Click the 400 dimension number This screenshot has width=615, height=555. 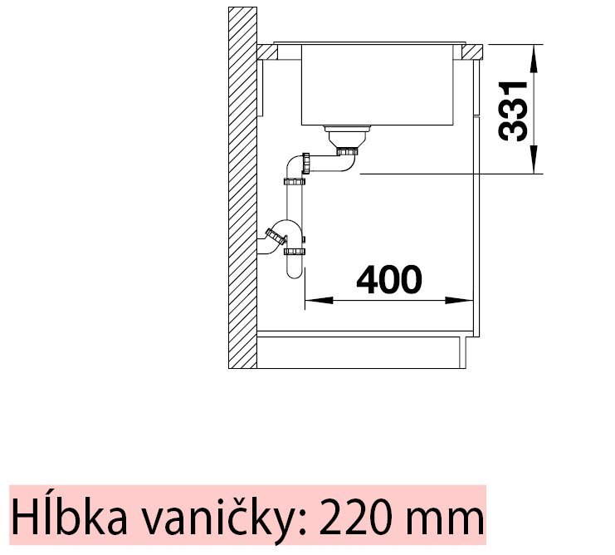pos(388,281)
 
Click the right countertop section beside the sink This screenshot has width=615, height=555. pos(469,52)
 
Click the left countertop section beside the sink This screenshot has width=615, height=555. pos(268,52)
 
